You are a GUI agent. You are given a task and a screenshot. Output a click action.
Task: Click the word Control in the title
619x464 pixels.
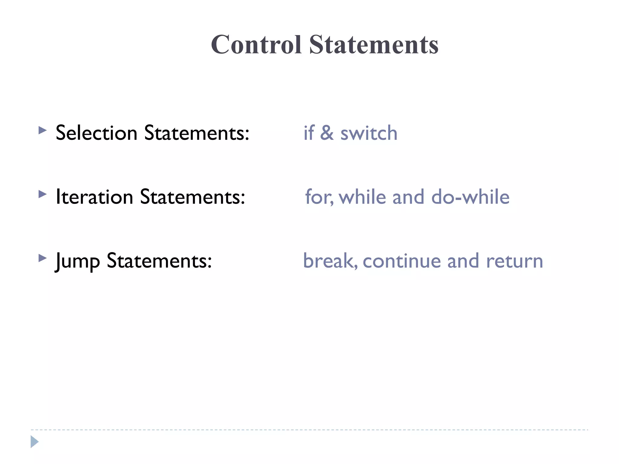pyautogui.click(x=256, y=45)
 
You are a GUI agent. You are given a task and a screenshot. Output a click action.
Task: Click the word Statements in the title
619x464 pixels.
pyautogui.click(x=374, y=45)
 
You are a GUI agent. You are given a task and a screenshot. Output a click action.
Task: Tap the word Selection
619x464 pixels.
pyautogui.click(x=96, y=133)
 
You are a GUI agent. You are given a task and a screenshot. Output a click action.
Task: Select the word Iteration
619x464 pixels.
pyautogui.click(x=94, y=197)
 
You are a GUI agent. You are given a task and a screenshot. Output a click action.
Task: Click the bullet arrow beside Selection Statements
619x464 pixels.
pyautogui.click(x=43, y=130)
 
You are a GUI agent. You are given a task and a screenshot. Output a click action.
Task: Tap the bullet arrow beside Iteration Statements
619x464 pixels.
pyautogui.click(x=43, y=194)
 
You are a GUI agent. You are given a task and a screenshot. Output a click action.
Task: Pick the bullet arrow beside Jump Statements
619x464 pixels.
pyautogui.click(x=43, y=258)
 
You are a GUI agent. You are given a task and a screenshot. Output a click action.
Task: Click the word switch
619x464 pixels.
pyautogui.click(x=369, y=133)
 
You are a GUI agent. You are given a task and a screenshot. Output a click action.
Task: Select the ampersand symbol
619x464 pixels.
pyautogui.click(x=327, y=133)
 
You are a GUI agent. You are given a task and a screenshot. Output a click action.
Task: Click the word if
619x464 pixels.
pyautogui.click(x=309, y=133)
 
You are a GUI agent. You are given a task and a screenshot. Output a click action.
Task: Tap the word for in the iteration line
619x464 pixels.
pyautogui.click(x=319, y=197)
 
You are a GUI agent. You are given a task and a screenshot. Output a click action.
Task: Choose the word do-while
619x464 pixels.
pyautogui.click(x=470, y=197)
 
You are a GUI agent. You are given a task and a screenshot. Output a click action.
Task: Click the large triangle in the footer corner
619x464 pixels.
pyautogui.click(x=34, y=442)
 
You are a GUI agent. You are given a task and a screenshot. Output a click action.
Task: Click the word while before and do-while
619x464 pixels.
pyautogui.click(x=362, y=197)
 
